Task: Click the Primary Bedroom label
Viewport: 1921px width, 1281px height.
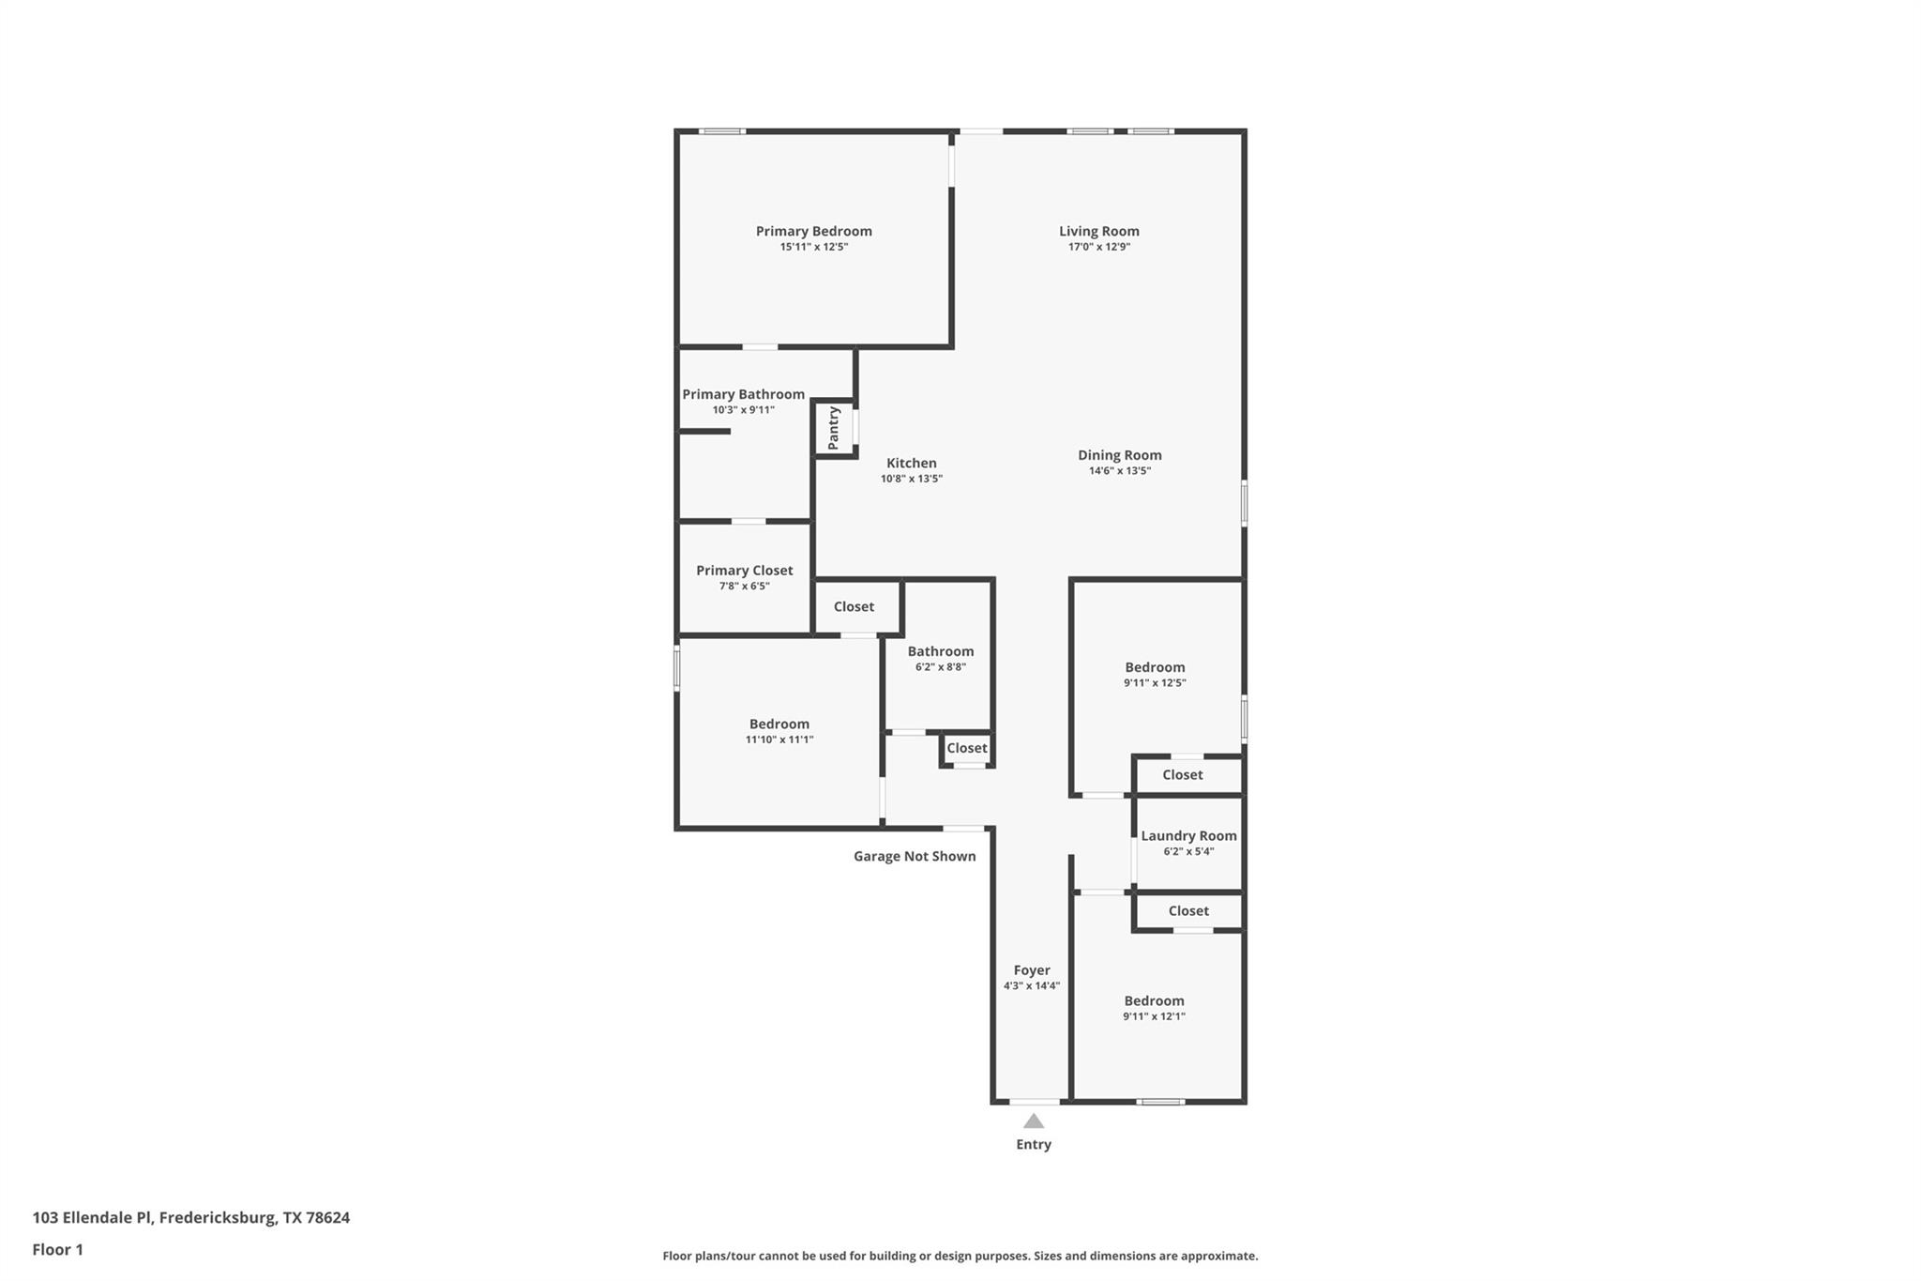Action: [x=813, y=231]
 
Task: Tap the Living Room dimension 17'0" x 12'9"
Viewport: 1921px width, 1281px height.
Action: [x=1098, y=247]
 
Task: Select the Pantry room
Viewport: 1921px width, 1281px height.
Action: [x=833, y=428]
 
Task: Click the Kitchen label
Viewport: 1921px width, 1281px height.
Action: [x=911, y=463]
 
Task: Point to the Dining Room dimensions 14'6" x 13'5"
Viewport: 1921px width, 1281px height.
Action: [x=1119, y=471]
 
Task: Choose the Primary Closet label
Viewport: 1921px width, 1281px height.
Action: [x=744, y=570]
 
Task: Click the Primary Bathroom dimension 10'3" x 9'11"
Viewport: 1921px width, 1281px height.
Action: [x=743, y=410]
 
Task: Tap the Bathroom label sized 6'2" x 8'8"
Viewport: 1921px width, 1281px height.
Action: [x=940, y=651]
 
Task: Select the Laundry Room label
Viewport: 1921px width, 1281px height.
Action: [x=1187, y=835]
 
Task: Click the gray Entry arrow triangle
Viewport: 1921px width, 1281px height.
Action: [x=1033, y=1121]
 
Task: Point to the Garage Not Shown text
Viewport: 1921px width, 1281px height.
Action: [x=914, y=856]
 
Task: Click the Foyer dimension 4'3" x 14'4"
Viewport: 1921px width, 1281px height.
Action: [x=1031, y=985]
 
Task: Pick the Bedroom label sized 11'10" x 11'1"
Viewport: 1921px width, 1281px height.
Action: [x=779, y=724]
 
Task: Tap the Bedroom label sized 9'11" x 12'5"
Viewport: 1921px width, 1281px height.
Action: [x=1155, y=667]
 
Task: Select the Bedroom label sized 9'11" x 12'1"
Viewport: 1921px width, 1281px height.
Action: [x=1154, y=1000]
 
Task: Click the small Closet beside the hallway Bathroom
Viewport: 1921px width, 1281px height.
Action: [x=966, y=748]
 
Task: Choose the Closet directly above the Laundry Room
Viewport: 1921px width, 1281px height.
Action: [x=1182, y=774]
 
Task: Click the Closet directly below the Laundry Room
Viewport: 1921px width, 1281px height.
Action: [x=1187, y=910]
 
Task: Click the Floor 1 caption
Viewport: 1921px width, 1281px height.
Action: [x=57, y=1249]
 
